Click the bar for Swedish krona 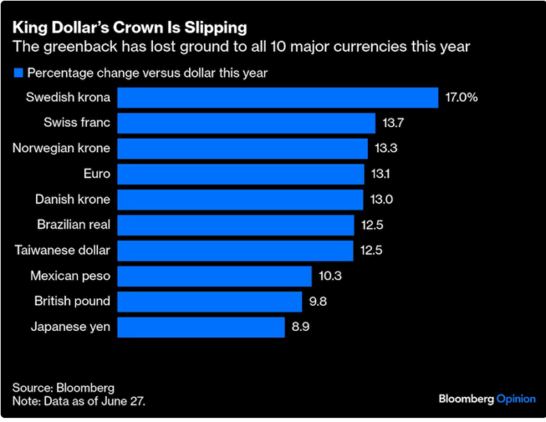pyautogui.click(x=278, y=97)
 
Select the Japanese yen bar pyautogui.click(x=201, y=327)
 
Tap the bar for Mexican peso pyautogui.click(x=214, y=276)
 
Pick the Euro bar pyautogui.click(x=241, y=174)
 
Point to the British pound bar pyautogui.click(x=209, y=301)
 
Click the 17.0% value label pyautogui.click(x=461, y=97)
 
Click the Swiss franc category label pyautogui.click(x=77, y=123)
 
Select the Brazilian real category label pyautogui.click(x=74, y=225)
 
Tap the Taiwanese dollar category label pyautogui.click(x=63, y=250)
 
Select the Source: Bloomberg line pyautogui.click(x=63, y=387)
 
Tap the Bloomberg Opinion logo pyautogui.click(x=486, y=399)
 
